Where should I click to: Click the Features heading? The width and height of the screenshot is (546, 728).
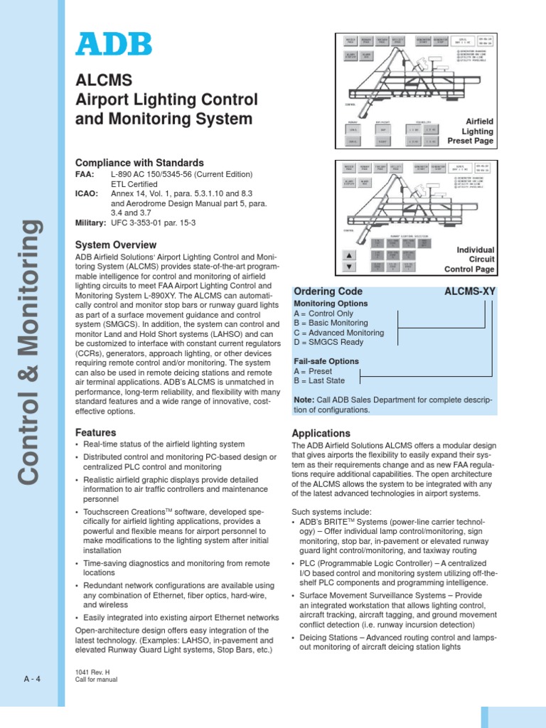coord(95,432)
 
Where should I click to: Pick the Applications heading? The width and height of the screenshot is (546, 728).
coord(321,433)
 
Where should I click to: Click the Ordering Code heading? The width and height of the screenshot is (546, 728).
coord(328,291)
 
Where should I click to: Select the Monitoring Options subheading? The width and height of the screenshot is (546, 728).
coord(331,304)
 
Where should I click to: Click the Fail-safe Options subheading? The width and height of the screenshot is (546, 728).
coord(326,361)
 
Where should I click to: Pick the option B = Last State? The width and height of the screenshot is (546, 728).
coord(319,380)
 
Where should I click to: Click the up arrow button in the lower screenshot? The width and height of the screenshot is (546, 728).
coord(349,255)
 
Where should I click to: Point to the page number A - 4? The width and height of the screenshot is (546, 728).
coord(32,678)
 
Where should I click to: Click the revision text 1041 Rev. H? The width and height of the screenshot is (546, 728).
coord(91,672)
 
